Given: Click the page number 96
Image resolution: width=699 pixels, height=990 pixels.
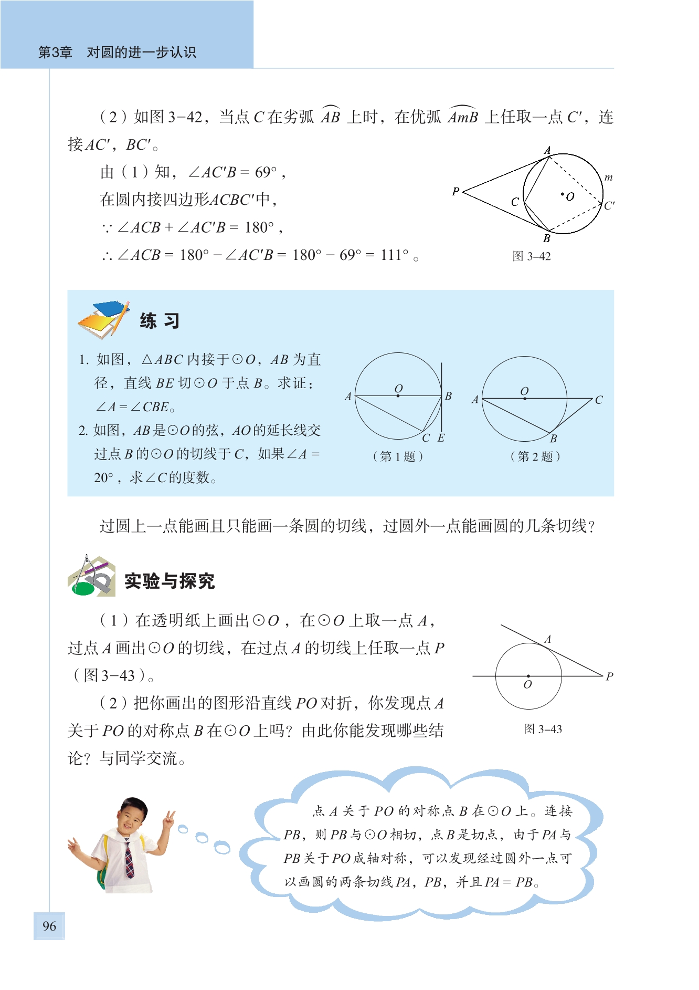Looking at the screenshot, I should (49, 926).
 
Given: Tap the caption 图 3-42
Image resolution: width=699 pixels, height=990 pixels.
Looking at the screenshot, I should (531, 256).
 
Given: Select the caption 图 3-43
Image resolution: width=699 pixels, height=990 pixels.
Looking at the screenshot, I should (543, 729).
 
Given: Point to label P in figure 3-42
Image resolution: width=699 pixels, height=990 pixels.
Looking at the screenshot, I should (456, 192).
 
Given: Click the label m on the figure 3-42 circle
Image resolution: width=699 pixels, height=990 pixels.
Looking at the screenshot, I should (608, 178).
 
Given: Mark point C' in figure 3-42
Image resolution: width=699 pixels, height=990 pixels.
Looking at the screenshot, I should (609, 205).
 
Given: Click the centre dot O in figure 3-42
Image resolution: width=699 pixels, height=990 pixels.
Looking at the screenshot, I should (563, 194).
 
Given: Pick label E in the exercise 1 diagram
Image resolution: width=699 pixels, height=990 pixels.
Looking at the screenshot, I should (441, 438).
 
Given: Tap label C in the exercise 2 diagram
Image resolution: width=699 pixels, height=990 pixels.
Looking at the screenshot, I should (599, 400).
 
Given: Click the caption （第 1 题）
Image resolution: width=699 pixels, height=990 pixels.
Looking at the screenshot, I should (398, 456).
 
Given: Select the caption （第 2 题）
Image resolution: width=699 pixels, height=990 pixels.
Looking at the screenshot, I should (535, 456).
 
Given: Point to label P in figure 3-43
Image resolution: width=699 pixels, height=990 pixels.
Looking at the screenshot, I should (609, 676).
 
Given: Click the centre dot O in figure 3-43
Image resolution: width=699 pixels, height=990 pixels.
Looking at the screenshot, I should (528, 676).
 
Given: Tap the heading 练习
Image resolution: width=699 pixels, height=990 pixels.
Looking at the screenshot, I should (160, 321).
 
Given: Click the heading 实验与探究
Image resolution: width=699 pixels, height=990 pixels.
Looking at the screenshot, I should (170, 581).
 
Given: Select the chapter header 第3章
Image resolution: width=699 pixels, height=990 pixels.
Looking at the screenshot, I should (55, 52).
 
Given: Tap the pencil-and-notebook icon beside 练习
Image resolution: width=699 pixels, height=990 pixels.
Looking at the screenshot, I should (104, 319).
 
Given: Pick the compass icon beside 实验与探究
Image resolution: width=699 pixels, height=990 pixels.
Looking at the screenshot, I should (92, 577).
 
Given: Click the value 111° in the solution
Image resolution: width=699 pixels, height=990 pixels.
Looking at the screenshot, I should (395, 255).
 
